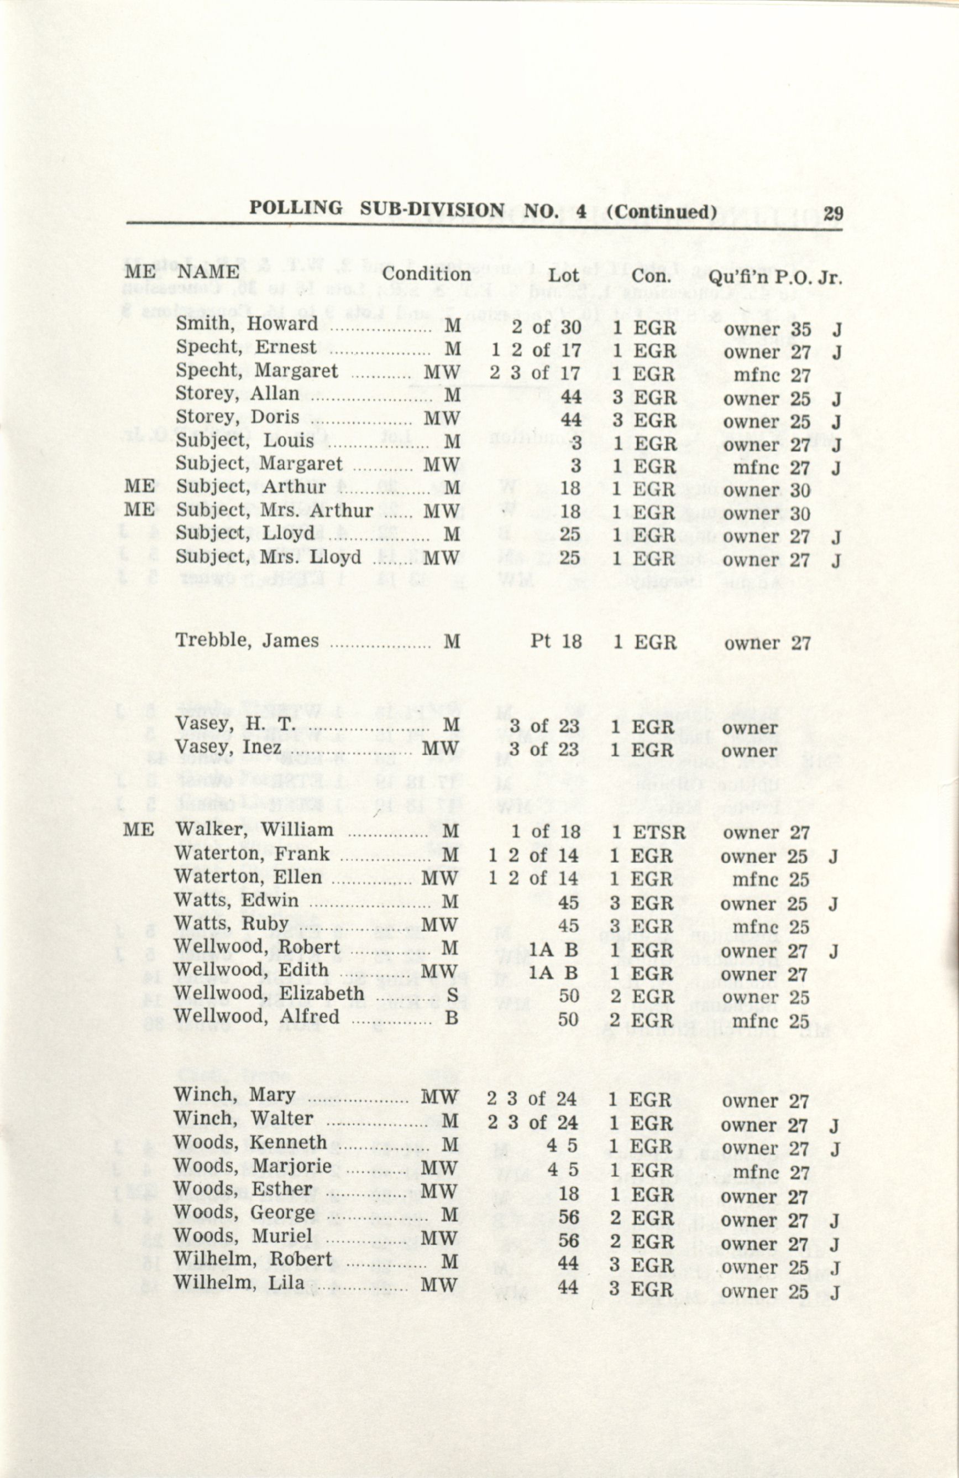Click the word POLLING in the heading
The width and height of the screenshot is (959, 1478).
coord(296,209)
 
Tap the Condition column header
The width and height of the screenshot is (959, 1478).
coord(426,274)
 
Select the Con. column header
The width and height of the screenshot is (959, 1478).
coord(649,275)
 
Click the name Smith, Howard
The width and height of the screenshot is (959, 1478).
coord(247,324)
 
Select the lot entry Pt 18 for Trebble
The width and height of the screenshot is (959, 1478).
coord(556,642)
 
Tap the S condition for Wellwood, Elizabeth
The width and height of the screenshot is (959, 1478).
coord(453,996)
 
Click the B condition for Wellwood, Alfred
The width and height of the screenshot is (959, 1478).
coord(452,1019)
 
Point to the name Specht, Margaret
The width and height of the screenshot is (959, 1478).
coord(256,371)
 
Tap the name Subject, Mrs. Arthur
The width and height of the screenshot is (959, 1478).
coord(274,511)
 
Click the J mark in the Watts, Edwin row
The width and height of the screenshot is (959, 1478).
coord(833,904)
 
